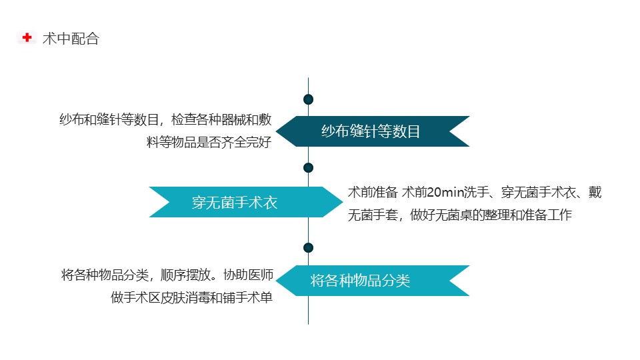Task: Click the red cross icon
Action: [27, 37]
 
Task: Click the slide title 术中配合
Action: [71, 39]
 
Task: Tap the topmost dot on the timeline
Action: [308, 99]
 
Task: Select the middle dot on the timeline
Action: [308, 167]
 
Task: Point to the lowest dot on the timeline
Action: [308, 247]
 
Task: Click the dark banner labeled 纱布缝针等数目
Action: [373, 131]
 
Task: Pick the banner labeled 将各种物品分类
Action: [373, 281]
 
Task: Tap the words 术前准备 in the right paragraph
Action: [373, 192]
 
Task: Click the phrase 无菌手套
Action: [373, 215]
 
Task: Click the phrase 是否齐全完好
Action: [234, 142]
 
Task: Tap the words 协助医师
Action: [248, 275]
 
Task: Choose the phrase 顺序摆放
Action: [186, 275]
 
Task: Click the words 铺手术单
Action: [247, 297]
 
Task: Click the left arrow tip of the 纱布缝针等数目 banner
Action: [276, 131]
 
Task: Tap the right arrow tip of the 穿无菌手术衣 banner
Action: [343, 202]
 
